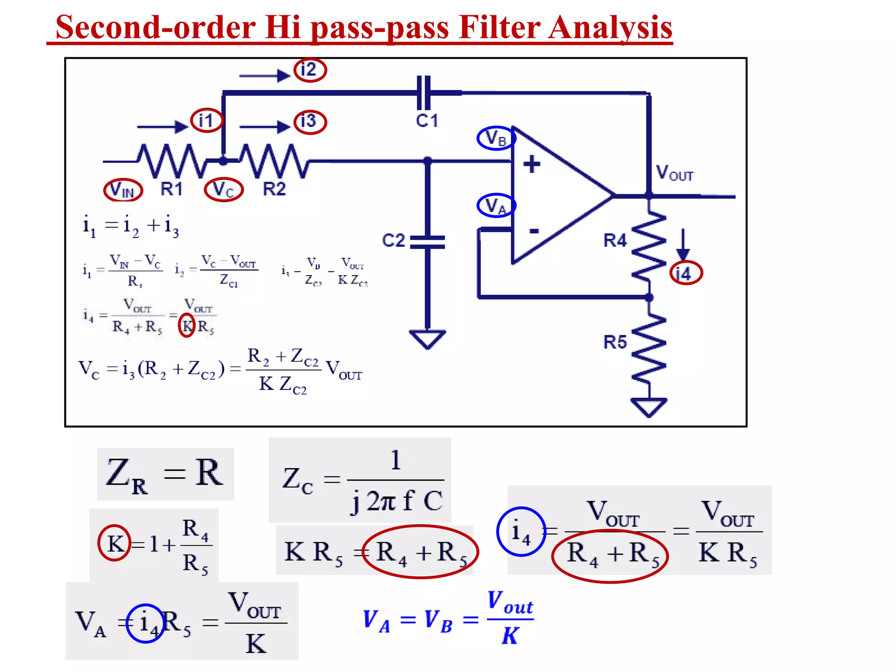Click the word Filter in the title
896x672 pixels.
point(498,27)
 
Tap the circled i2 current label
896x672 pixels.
point(309,70)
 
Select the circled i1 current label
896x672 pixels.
point(206,120)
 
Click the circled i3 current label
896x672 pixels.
point(309,121)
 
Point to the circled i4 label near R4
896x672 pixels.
point(686,273)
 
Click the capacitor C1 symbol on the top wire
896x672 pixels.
point(423,92)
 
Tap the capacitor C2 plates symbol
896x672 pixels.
point(427,242)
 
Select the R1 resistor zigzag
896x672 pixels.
point(171,161)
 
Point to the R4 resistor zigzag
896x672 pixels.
point(649,246)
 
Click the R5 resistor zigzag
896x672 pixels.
point(649,348)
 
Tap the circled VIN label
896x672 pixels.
point(123,190)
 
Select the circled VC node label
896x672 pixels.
point(224,190)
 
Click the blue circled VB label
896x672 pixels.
point(496,138)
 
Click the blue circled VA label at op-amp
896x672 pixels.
point(496,205)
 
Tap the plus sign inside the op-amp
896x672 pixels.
point(532,164)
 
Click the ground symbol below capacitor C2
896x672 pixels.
point(427,339)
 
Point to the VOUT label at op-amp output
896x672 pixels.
point(674,173)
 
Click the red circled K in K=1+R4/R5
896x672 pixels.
point(115,543)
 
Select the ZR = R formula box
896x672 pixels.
point(165,474)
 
